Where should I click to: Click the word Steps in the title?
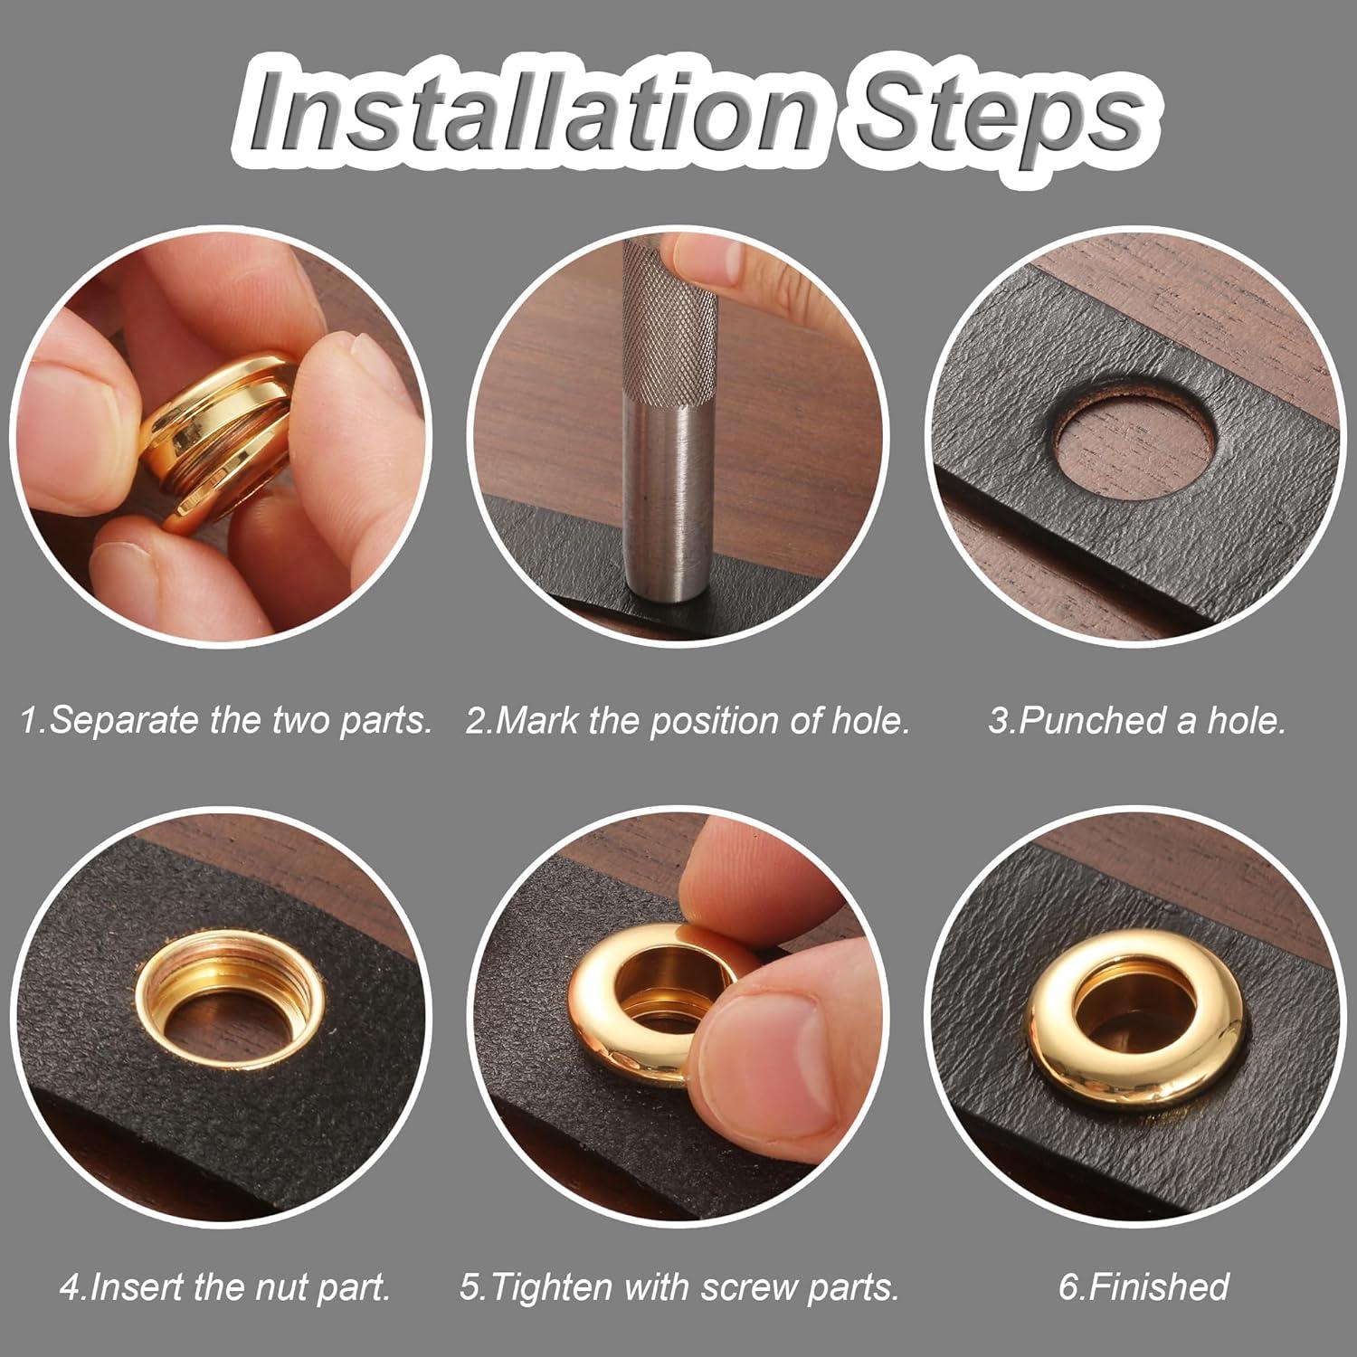pos(995,118)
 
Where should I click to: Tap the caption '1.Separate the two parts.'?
pos(226,721)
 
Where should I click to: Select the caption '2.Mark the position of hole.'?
pos(688,721)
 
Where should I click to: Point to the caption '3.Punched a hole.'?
pos(1136,721)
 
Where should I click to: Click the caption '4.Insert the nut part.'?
pos(226,1286)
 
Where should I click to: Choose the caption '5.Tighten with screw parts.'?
pos(679,1286)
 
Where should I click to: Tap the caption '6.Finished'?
pos(1143,1286)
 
